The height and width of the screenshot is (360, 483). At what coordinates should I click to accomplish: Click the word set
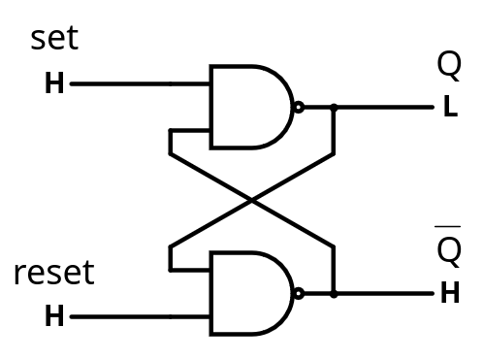click(x=54, y=39)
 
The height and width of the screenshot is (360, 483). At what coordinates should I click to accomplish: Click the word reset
click(x=54, y=273)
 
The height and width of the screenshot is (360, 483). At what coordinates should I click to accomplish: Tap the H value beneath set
click(x=54, y=83)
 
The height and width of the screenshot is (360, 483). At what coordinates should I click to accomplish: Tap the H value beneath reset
click(x=54, y=315)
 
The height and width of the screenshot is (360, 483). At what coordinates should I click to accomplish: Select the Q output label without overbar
click(x=449, y=65)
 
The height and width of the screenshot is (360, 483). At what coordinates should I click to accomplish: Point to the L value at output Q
click(x=451, y=106)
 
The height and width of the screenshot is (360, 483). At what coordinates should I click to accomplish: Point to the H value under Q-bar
click(x=450, y=292)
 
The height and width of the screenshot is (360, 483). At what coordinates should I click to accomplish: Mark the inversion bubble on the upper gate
click(x=299, y=107)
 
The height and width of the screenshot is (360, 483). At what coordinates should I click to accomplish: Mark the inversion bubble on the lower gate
click(x=299, y=293)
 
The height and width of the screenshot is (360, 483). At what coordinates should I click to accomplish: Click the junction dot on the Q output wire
click(x=334, y=107)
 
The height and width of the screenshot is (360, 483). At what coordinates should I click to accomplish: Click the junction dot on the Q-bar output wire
click(x=334, y=294)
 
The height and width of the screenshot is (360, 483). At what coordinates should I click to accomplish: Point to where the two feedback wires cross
click(x=252, y=201)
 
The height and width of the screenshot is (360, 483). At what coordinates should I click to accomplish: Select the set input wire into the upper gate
click(x=140, y=84)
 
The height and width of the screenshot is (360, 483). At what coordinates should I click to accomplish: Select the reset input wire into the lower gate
click(x=140, y=316)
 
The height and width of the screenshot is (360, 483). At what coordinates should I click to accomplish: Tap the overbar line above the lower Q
click(x=448, y=226)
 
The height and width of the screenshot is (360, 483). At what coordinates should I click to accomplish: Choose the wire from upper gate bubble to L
click(x=369, y=107)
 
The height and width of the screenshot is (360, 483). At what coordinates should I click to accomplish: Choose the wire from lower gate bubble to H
click(x=369, y=294)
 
